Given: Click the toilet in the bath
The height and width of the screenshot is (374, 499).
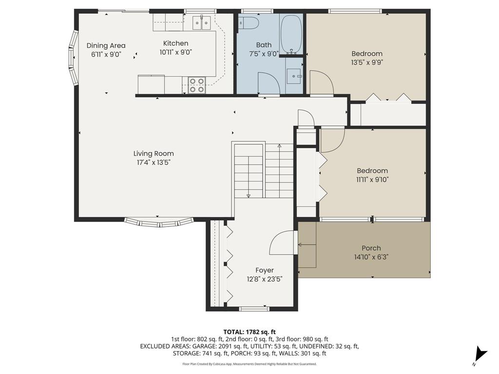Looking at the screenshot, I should (x=249, y=23).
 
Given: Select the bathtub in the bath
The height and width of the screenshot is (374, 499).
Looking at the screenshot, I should (x=291, y=35).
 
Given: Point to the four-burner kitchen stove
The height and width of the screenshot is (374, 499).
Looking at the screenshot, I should (x=196, y=85).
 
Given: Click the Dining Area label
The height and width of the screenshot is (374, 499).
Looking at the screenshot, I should (x=106, y=46).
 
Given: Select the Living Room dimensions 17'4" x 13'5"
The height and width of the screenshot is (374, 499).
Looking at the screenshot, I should (x=154, y=162).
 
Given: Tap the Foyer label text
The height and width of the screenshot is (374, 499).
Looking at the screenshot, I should (x=265, y=270).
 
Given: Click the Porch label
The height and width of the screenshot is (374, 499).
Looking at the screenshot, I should (x=371, y=248).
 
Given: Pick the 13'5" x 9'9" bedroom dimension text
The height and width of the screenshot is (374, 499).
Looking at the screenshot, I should (x=367, y=62).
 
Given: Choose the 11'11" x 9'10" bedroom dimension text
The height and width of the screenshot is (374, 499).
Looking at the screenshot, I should (x=372, y=179).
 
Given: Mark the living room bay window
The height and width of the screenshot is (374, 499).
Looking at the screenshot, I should (x=159, y=223).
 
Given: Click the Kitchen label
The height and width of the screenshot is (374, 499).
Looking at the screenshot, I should (x=175, y=43).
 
